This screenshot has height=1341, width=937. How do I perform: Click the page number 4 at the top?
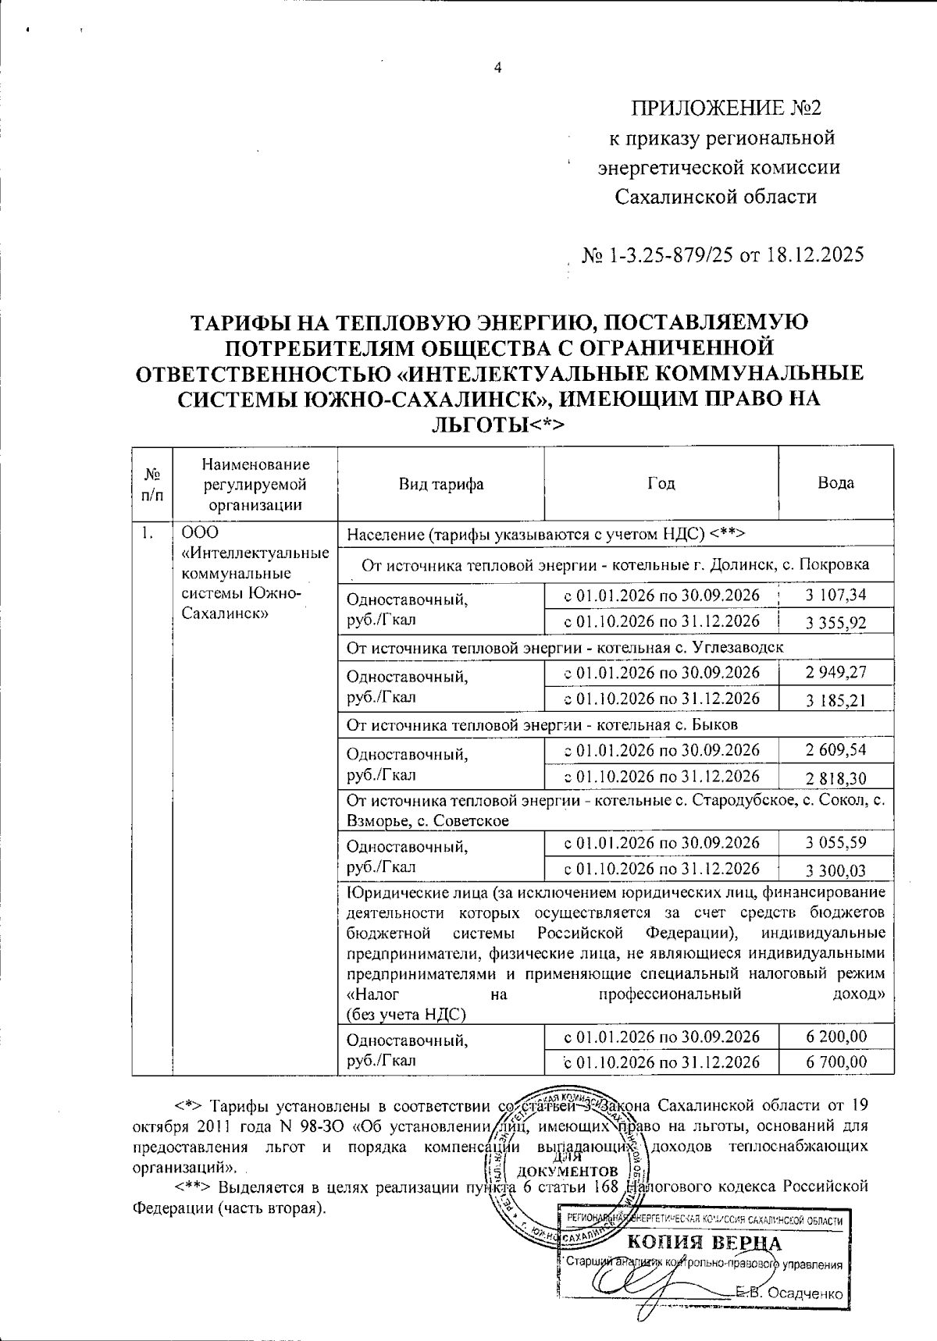[x=497, y=67]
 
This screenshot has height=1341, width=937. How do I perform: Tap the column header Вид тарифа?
[x=441, y=484]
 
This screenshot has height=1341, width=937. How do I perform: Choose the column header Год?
[x=661, y=484]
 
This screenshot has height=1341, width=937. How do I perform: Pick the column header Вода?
[x=835, y=483]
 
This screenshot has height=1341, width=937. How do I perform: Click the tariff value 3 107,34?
[x=835, y=595]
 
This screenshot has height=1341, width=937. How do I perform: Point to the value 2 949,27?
[x=835, y=672]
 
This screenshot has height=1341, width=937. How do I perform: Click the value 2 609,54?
[x=835, y=750]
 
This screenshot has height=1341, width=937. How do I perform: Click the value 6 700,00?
[x=835, y=1062]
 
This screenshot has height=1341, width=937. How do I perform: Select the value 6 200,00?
[x=835, y=1036]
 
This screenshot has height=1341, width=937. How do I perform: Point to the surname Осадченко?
[x=804, y=1293]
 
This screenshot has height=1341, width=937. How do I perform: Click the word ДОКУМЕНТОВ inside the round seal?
[x=568, y=1172]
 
